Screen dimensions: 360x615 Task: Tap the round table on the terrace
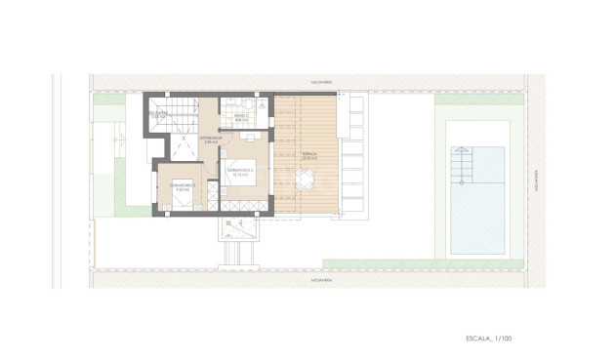(x=305, y=180)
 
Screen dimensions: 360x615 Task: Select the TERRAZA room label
(x=308, y=156)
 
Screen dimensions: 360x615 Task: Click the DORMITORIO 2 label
(x=240, y=171)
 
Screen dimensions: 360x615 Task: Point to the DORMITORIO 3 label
(x=184, y=186)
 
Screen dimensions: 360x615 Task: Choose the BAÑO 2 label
(x=241, y=118)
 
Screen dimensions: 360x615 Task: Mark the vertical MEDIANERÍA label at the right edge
(x=537, y=180)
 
